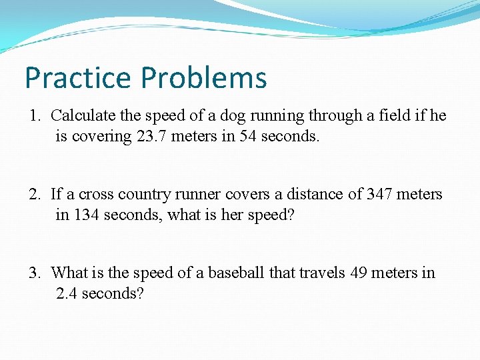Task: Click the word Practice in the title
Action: pos(77,78)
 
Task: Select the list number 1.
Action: pos(33,116)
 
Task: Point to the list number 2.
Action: pos(33,195)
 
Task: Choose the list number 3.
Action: pos(33,273)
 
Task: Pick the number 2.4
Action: pos(68,294)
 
